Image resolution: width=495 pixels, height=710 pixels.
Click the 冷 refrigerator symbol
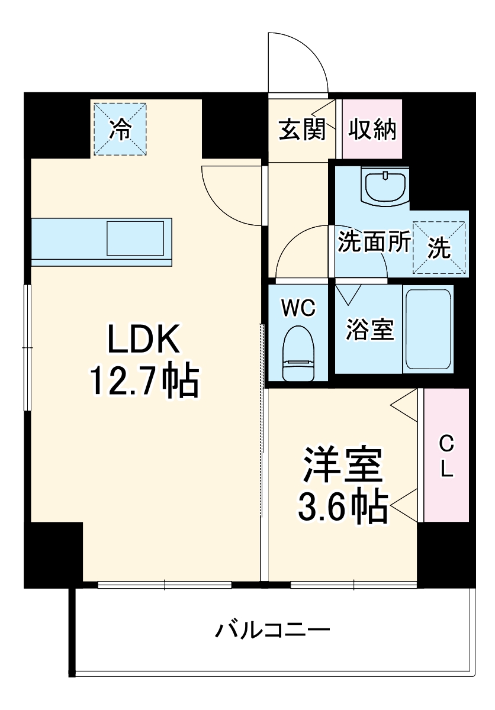120,129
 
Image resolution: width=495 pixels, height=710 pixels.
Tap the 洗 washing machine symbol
439,247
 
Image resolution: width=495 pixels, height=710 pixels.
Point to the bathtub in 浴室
429,330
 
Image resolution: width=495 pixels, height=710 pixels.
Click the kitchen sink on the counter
136,239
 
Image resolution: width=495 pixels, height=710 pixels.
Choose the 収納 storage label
372,130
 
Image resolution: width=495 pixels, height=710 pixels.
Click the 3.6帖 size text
343,506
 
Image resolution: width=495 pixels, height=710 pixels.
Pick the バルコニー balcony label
272,630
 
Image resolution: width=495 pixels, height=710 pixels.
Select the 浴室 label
369,330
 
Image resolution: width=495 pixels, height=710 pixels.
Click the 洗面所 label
374,243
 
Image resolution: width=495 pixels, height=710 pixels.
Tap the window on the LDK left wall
27,348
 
